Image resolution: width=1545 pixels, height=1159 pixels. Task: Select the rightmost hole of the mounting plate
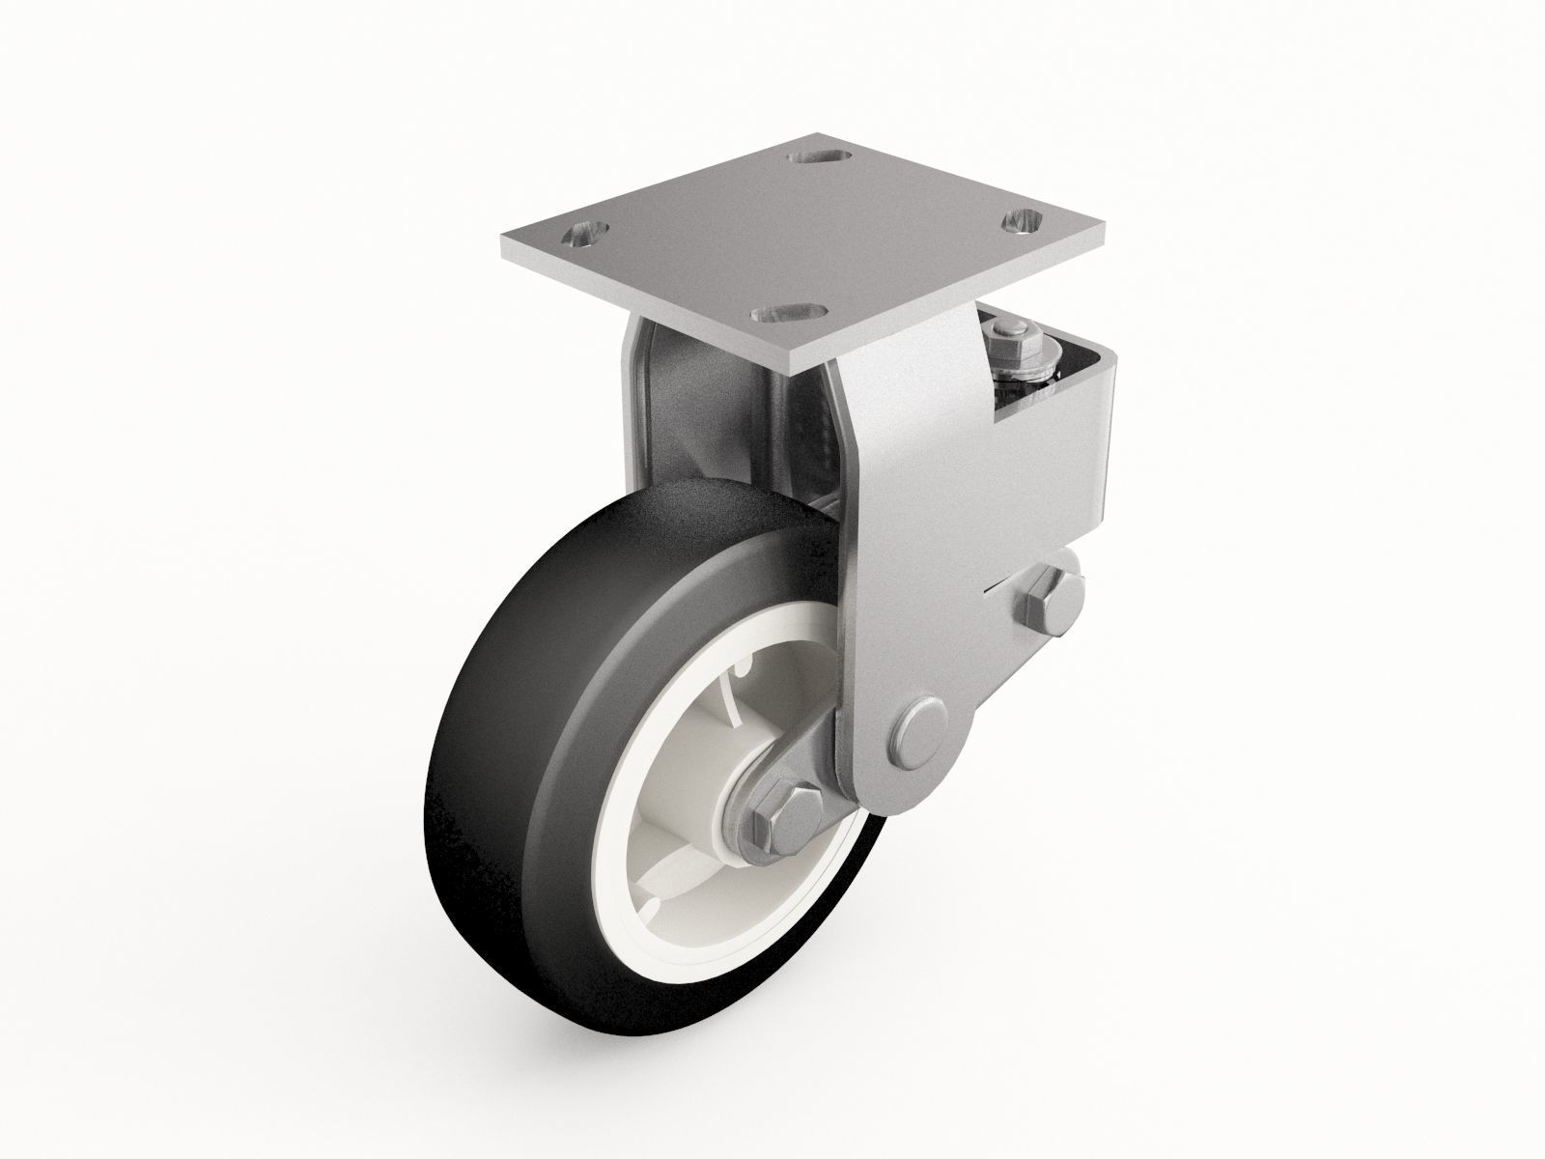pos(1025,222)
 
